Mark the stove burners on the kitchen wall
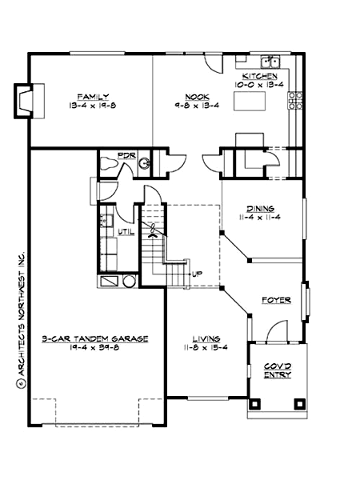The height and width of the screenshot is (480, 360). (295, 100)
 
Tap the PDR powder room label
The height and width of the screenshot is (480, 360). (126, 154)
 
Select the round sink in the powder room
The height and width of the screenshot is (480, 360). (145, 165)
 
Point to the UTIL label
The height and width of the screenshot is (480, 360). (125, 232)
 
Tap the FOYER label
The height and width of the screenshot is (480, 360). (275, 301)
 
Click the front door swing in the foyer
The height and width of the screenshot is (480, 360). (276, 330)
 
